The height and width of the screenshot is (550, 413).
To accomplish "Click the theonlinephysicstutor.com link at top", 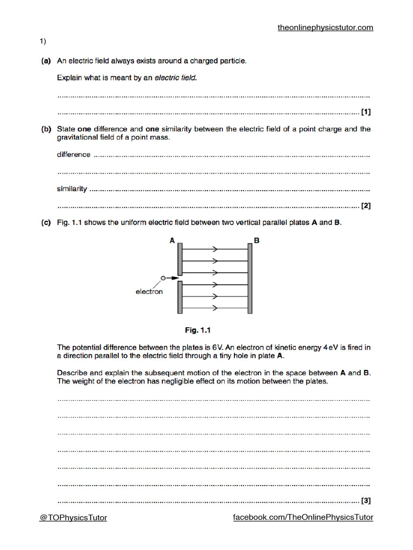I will (325, 27).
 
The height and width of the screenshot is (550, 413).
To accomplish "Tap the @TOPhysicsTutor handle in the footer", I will (73, 517).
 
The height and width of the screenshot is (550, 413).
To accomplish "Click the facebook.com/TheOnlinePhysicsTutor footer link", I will (303, 517).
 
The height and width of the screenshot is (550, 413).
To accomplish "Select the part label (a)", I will (46, 61).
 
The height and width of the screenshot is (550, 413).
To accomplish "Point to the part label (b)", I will (46, 129).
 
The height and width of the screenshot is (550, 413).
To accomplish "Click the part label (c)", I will (46, 222).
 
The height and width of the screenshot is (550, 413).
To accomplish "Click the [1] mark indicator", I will (366, 112).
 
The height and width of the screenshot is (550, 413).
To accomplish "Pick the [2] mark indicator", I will (366, 206).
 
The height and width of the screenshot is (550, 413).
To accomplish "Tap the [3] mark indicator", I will (366, 501).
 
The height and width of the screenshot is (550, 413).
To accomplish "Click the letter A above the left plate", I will (172, 241).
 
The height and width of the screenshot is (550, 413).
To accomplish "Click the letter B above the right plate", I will (257, 241).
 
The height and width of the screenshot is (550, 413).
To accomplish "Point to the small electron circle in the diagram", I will (163, 278).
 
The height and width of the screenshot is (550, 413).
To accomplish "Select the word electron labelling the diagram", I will (149, 292).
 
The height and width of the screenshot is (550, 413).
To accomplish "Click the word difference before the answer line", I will (74, 155).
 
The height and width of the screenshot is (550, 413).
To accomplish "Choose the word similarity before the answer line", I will (72, 189).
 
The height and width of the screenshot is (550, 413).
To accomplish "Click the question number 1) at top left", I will (42, 41).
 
